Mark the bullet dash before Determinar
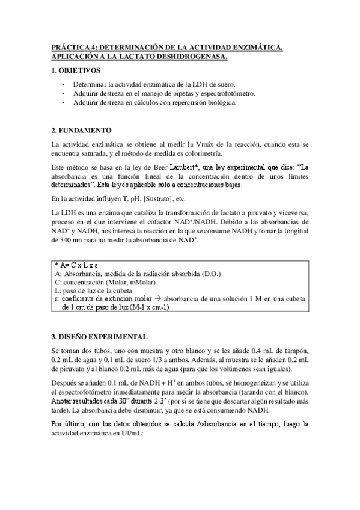[x=64, y=84]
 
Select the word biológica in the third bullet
[x=221, y=102]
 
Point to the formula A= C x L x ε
[x=76, y=265]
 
